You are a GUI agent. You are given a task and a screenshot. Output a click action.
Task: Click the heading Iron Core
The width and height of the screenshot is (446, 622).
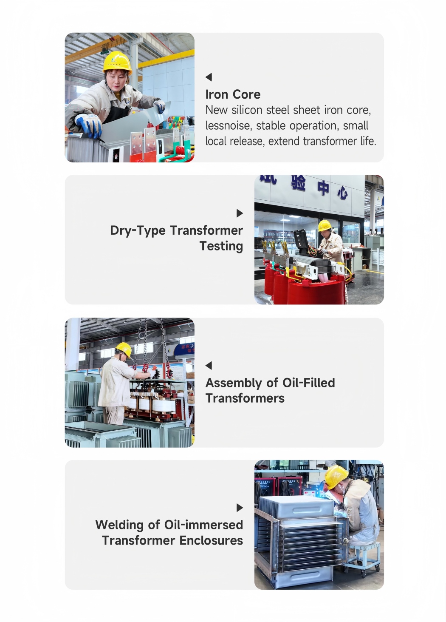click(233, 94)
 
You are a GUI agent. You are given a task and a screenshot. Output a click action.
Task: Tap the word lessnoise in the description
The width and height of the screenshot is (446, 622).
click(229, 126)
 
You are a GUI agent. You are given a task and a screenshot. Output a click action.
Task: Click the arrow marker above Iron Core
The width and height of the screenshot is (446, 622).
click(209, 77)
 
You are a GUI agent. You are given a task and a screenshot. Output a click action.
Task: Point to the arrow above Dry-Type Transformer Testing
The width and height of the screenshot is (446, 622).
click(240, 213)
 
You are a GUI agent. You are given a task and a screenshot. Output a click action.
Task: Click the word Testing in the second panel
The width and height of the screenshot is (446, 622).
click(221, 246)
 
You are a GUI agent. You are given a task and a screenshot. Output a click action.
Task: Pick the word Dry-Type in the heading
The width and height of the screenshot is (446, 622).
click(138, 231)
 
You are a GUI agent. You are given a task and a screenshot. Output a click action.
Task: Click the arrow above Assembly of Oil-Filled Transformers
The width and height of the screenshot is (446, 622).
click(209, 366)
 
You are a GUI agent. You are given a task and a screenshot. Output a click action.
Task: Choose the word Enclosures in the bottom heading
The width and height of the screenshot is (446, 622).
click(211, 540)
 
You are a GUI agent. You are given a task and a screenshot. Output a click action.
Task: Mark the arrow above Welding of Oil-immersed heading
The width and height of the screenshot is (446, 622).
click(240, 508)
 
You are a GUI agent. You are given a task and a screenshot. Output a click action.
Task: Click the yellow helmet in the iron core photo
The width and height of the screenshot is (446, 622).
click(117, 62)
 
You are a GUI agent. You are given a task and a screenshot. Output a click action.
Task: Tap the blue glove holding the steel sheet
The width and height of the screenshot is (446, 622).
click(89, 125)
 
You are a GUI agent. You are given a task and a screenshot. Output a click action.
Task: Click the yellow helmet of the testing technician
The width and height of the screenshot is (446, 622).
click(325, 225)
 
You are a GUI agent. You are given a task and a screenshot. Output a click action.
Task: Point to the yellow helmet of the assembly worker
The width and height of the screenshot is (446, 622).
click(124, 349)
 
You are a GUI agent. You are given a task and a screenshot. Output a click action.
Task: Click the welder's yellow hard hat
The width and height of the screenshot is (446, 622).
click(336, 477)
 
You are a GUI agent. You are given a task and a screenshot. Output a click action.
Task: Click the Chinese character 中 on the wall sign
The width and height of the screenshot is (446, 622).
click(323, 188)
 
